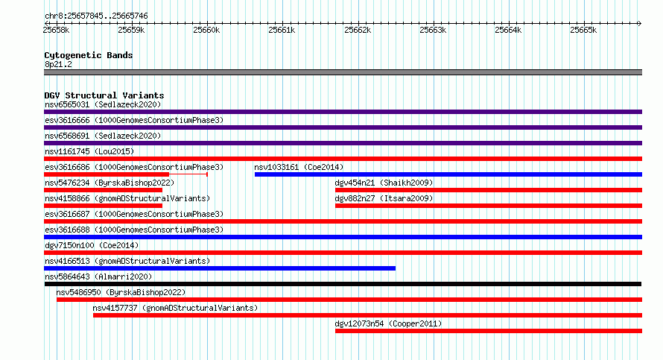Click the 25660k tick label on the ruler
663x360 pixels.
click(206, 30)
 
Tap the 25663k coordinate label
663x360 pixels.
click(433, 30)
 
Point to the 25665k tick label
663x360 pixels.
click(583, 30)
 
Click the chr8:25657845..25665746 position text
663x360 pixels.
click(96, 16)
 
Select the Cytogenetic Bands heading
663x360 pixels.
click(89, 55)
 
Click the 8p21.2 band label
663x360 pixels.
click(58, 65)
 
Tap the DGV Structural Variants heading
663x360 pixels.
click(104, 95)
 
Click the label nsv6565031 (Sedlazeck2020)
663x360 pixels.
click(103, 104)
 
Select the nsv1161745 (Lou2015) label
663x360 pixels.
click(89, 151)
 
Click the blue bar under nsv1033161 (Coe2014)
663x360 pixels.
click(448, 174)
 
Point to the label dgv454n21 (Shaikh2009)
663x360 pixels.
click(384, 183)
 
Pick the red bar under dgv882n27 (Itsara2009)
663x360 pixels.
click(489, 206)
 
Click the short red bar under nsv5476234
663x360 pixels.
click(103, 190)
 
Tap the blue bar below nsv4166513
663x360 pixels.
click(220, 268)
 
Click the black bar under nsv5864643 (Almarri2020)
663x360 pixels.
click(343, 284)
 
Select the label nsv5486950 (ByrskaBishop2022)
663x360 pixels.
click(121, 292)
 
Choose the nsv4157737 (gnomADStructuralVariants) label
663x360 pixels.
click(175, 308)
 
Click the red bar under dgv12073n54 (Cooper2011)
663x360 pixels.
click(489, 331)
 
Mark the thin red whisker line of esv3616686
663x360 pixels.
click(188, 174)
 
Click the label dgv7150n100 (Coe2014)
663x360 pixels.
click(92, 245)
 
